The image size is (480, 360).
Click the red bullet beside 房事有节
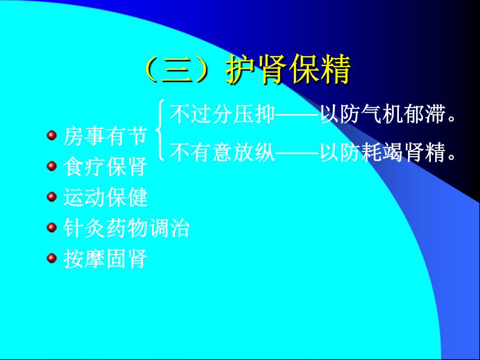(x=52, y=135)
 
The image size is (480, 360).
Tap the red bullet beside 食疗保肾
(x=52, y=166)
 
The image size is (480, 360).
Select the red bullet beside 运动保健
(x=52, y=196)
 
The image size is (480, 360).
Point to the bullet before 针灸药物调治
(x=52, y=227)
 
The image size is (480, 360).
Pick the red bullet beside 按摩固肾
(x=52, y=258)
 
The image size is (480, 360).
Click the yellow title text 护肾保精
(x=288, y=69)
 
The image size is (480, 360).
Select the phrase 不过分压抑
(x=222, y=114)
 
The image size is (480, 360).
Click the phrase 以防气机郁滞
(x=382, y=114)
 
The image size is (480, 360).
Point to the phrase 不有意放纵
(x=222, y=152)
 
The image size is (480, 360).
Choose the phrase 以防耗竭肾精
(x=382, y=152)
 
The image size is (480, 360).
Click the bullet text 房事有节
(x=105, y=135)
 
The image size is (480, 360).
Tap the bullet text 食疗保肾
(x=105, y=166)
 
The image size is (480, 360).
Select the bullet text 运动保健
(x=105, y=197)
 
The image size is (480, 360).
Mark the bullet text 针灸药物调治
(x=126, y=228)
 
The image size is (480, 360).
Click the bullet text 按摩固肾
(x=105, y=259)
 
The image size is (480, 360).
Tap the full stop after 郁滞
(x=452, y=118)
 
